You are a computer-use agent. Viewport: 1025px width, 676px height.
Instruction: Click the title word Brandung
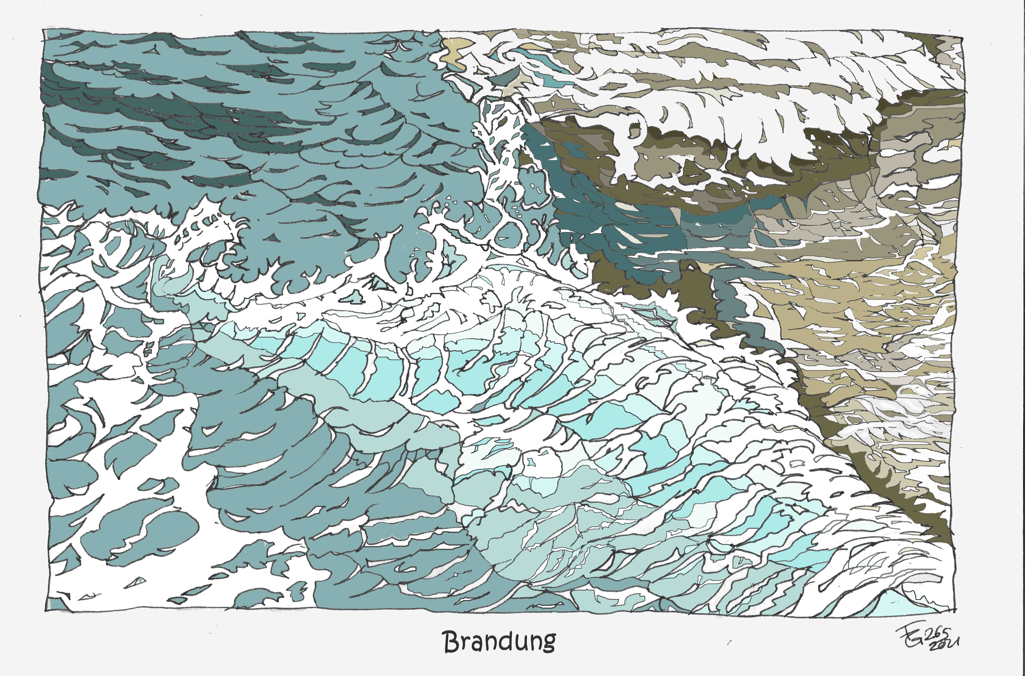499,642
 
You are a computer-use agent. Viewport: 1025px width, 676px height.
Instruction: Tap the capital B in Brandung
450,642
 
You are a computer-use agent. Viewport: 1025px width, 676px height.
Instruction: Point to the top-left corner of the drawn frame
43,29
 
